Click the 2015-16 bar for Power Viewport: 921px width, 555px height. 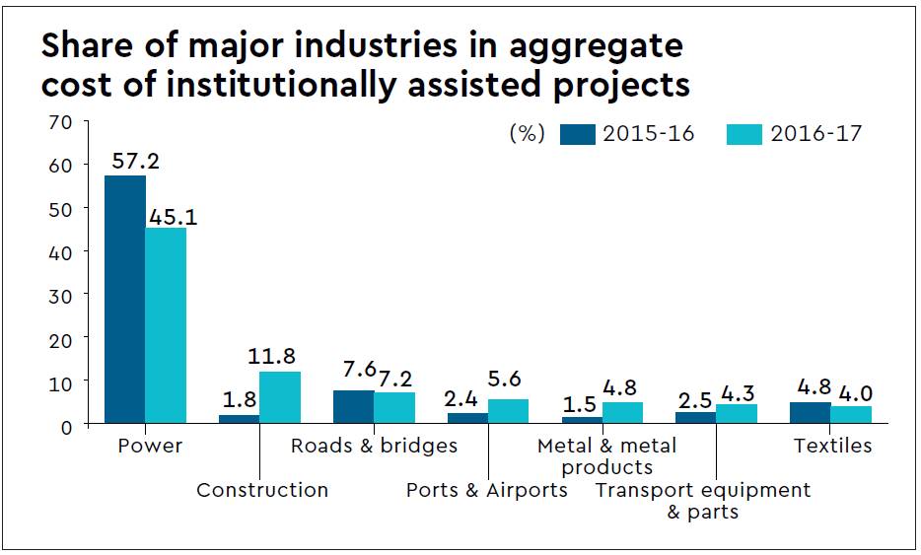coord(125,300)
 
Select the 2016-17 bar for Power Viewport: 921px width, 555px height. coord(166,325)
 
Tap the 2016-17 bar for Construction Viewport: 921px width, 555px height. coord(280,397)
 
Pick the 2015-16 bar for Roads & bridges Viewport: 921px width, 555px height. coord(353,406)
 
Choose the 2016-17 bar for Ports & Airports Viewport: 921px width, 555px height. coord(508,411)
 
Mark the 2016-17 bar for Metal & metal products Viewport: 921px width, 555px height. coord(622,413)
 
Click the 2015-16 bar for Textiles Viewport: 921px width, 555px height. coord(810,413)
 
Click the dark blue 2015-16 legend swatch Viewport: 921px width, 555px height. coord(577,134)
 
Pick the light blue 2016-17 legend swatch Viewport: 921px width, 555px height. coord(744,134)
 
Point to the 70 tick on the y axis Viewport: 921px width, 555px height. coord(60,122)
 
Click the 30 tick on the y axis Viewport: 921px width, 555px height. coord(60,294)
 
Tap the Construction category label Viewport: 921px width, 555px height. coord(262,490)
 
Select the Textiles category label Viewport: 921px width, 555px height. coord(833,446)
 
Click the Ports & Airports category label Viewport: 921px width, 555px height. coord(487,490)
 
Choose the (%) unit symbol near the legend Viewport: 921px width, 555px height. coord(527,134)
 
